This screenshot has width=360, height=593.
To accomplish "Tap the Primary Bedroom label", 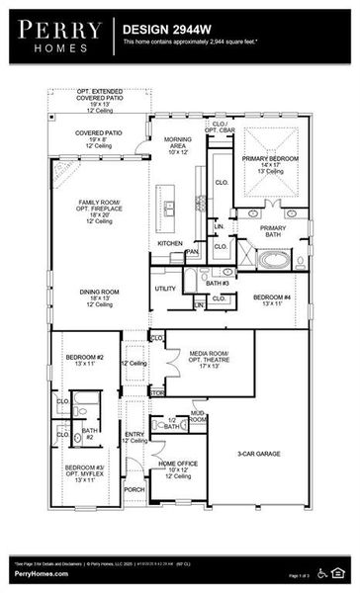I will [272, 170].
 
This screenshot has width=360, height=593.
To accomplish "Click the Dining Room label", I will [99, 296].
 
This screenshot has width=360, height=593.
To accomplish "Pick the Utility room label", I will [165, 289].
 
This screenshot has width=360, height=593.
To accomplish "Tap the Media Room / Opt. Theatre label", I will [204, 359].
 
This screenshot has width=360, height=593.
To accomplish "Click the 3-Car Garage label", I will [257, 454].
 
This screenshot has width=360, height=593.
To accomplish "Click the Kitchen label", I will [169, 243].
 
